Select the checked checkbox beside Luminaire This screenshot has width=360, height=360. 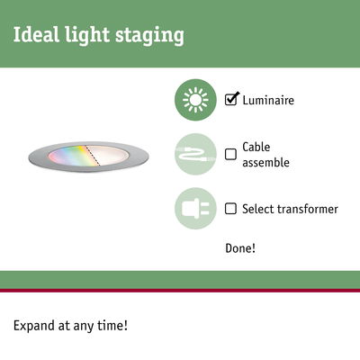[x=231, y=99]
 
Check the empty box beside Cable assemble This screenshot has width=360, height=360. [x=230, y=154]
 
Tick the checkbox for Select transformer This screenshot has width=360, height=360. [x=230, y=209]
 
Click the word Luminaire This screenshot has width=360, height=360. [x=270, y=99]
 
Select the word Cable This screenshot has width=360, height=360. [x=256, y=147]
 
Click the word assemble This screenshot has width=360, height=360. [x=267, y=162]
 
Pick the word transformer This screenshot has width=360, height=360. [x=307, y=209]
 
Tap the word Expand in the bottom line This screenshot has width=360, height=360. [x=35, y=325]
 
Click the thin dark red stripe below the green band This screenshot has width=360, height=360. [x=180, y=291]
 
